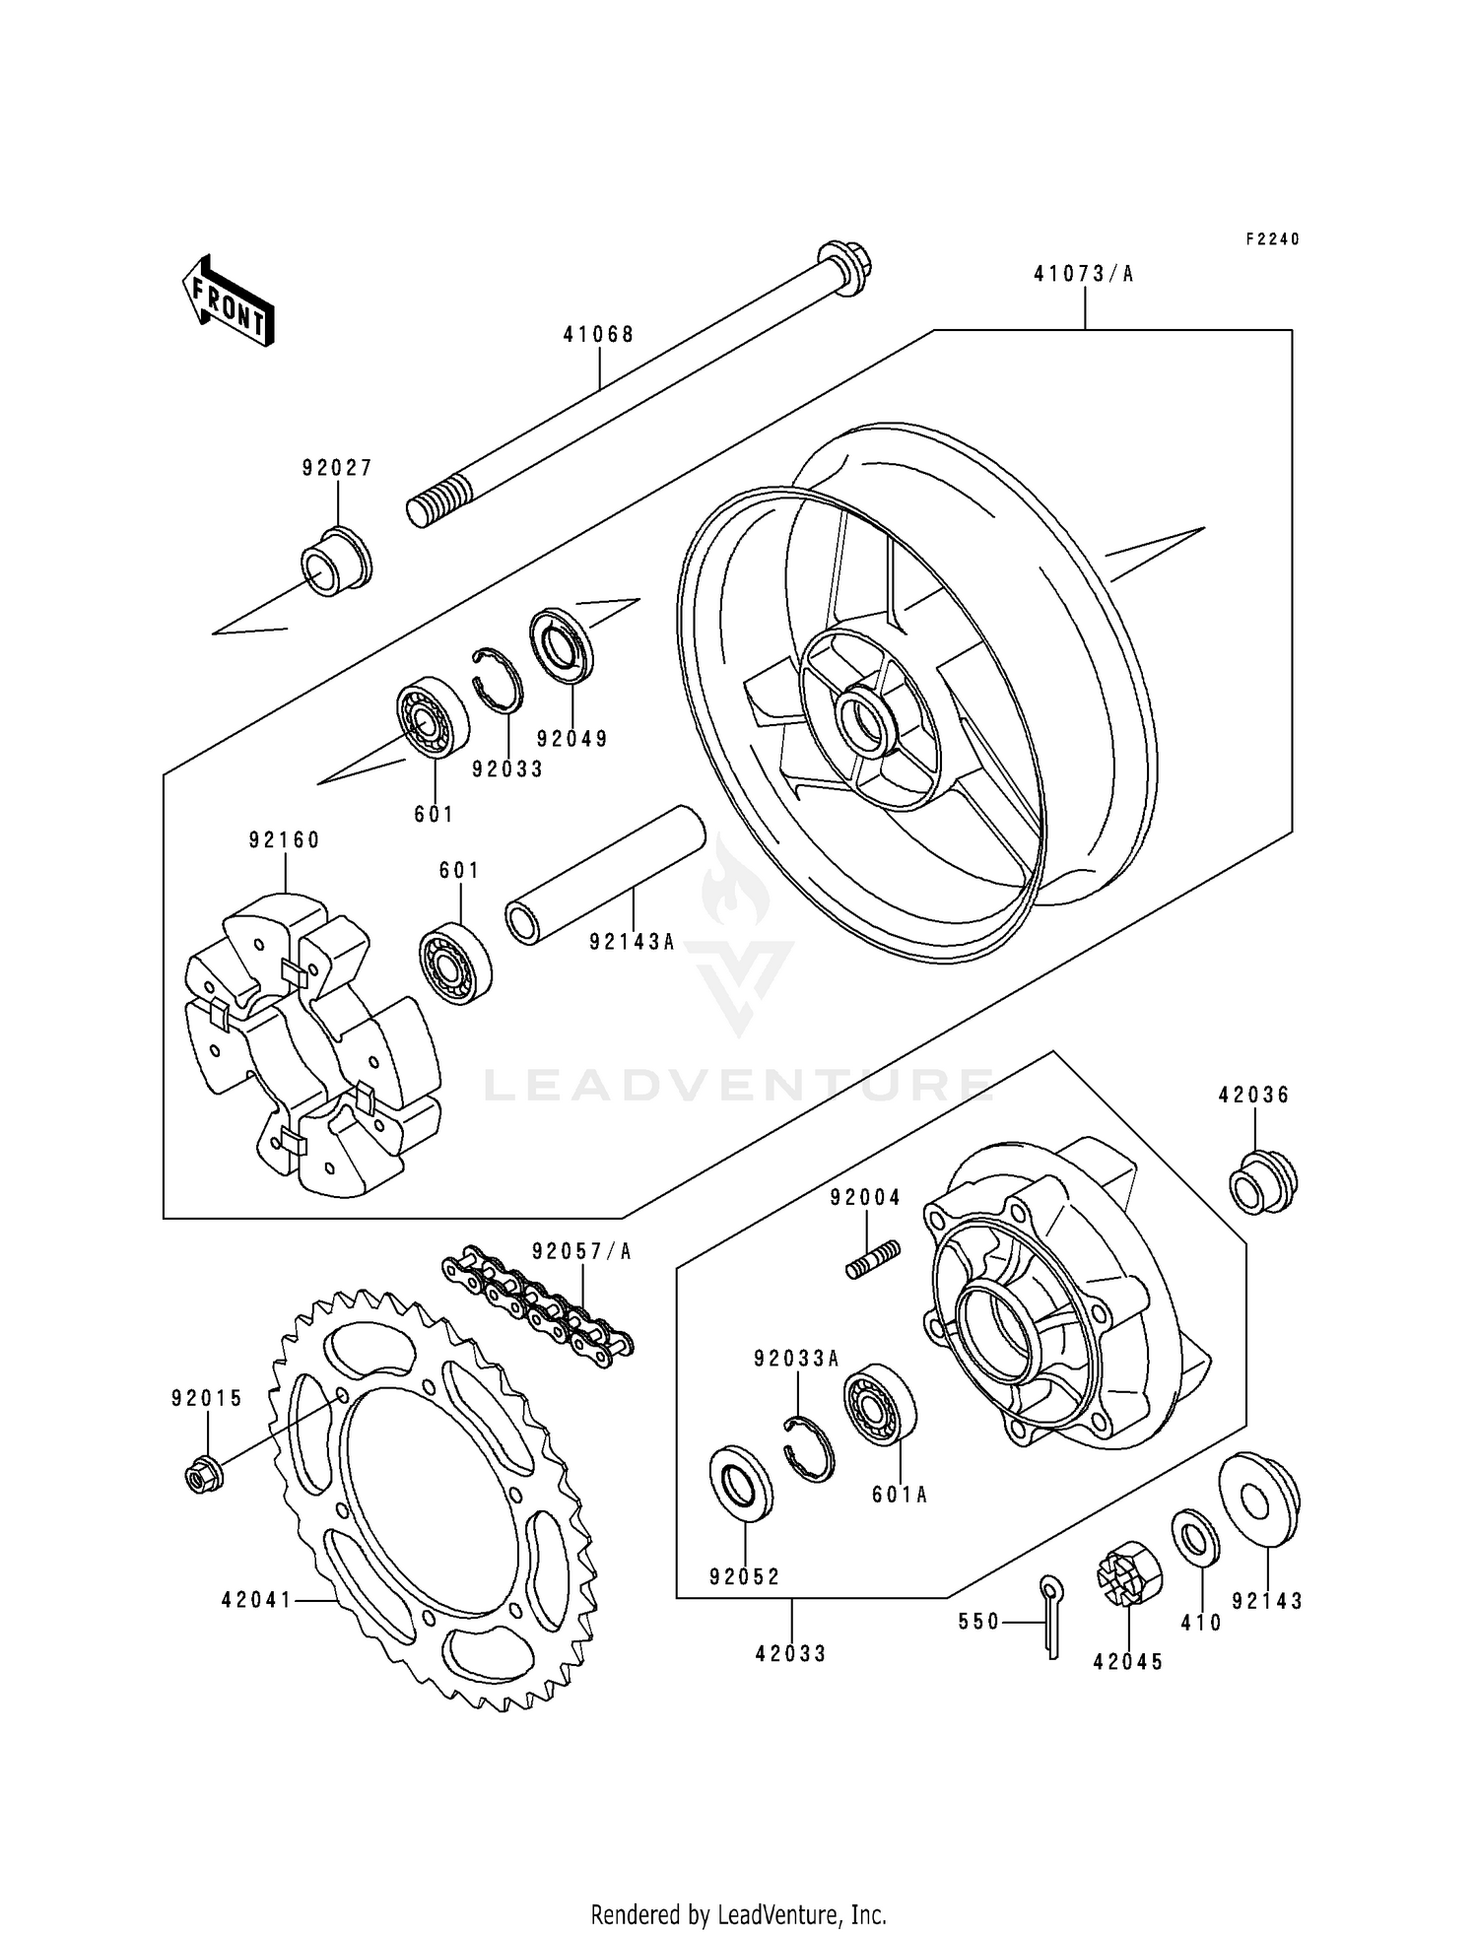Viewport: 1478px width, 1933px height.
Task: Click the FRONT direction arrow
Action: (x=227, y=300)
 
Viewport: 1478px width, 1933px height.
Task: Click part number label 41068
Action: (x=598, y=334)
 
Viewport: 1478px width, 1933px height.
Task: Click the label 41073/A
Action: (x=1083, y=274)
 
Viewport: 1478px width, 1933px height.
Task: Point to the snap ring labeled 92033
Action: (x=497, y=680)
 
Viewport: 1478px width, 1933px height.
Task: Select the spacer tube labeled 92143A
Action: (x=605, y=876)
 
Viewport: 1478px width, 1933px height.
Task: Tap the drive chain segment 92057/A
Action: (x=537, y=1302)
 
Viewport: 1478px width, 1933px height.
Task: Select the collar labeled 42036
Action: (x=1262, y=1181)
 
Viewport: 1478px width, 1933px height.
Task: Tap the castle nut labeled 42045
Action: (x=1128, y=1574)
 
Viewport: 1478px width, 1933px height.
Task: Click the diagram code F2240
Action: (x=1272, y=239)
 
